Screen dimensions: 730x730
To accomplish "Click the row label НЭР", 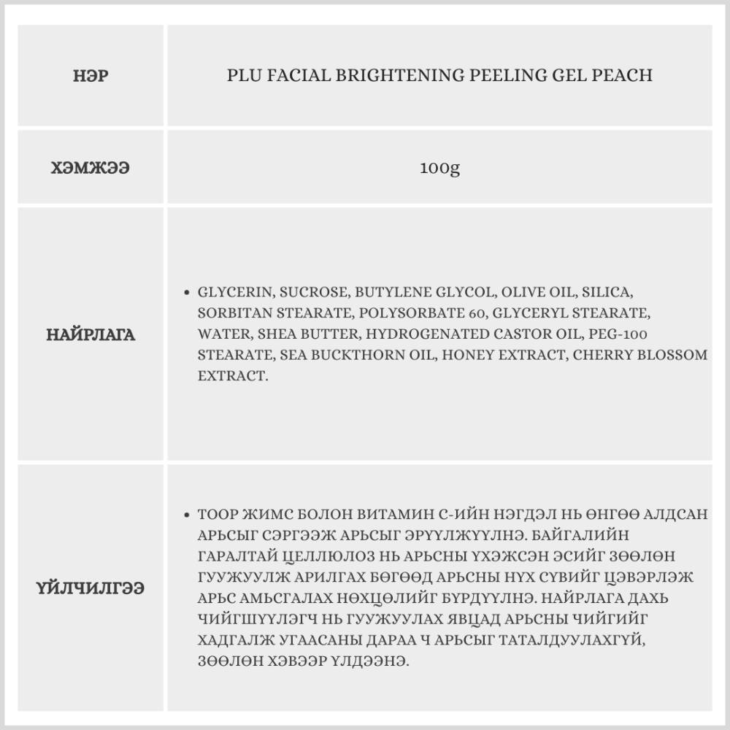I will [x=91, y=75].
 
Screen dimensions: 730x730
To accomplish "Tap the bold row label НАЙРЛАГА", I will [x=91, y=335].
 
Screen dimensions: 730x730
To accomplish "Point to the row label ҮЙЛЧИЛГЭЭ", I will [x=91, y=588].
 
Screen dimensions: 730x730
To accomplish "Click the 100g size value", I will [x=439, y=169].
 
